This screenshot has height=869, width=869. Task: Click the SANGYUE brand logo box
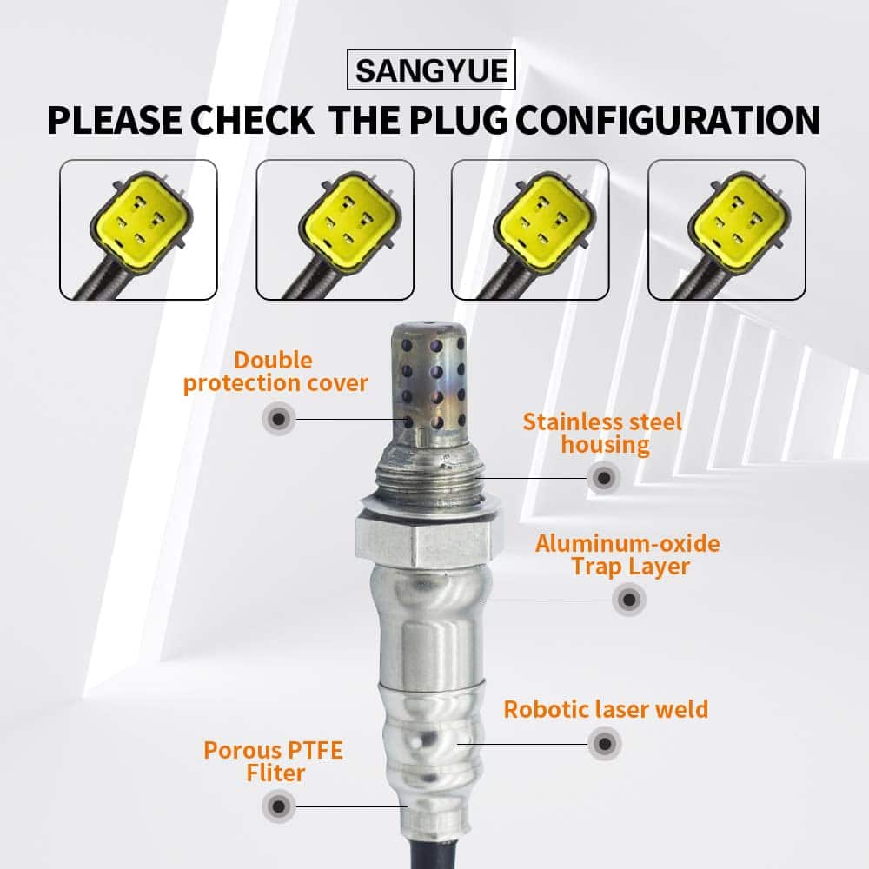click(x=431, y=70)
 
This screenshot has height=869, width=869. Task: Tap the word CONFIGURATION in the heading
click(x=668, y=120)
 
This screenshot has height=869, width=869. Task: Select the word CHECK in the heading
click(x=252, y=120)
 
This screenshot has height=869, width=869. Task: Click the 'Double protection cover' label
click(x=275, y=372)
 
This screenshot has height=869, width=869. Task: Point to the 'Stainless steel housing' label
click(x=603, y=434)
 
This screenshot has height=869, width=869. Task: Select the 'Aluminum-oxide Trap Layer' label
click(x=628, y=554)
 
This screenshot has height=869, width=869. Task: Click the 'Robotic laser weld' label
click(x=606, y=709)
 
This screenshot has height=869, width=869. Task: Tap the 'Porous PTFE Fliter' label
click(x=274, y=761)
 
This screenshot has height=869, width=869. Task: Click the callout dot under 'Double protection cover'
click(x=279, y=419)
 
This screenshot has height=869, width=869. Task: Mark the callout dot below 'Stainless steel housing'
click(x=604, y=478)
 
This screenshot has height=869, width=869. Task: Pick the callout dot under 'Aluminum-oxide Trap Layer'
click(x=629, y=599)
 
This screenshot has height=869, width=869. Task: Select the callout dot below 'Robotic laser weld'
click(x=605, y=744)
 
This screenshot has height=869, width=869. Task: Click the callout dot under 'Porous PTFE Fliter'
click(x=279, y=807)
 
